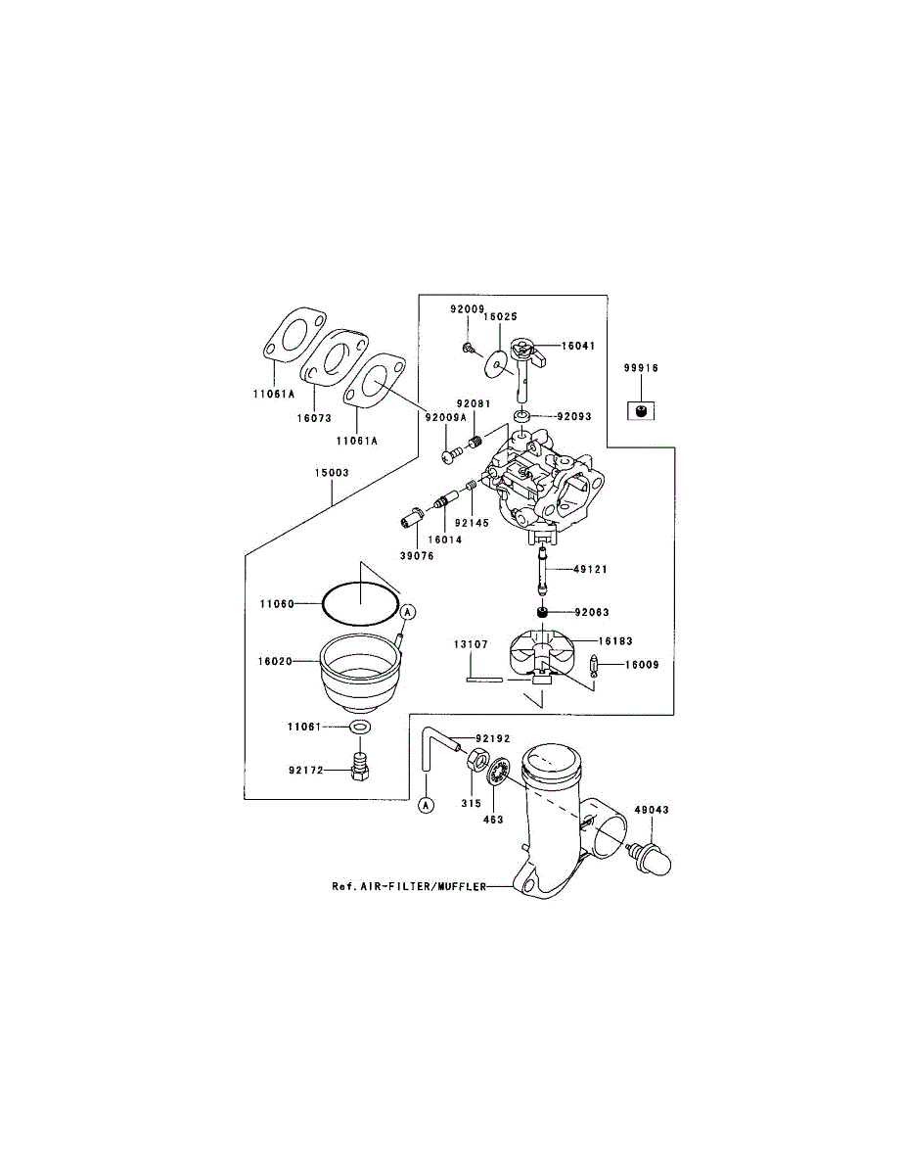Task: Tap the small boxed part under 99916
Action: [641, 409]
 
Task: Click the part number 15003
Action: [332, 472]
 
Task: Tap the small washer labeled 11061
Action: [360, 728]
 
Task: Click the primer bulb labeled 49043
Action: [653, 861]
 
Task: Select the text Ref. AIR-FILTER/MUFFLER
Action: [409, 887]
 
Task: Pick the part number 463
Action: [493, 819]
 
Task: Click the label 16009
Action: [642, 665]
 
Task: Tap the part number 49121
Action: [590, 569]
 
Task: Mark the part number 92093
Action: [575, 416]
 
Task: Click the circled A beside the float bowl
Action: [410, 611]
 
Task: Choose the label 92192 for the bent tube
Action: [494, 738]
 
